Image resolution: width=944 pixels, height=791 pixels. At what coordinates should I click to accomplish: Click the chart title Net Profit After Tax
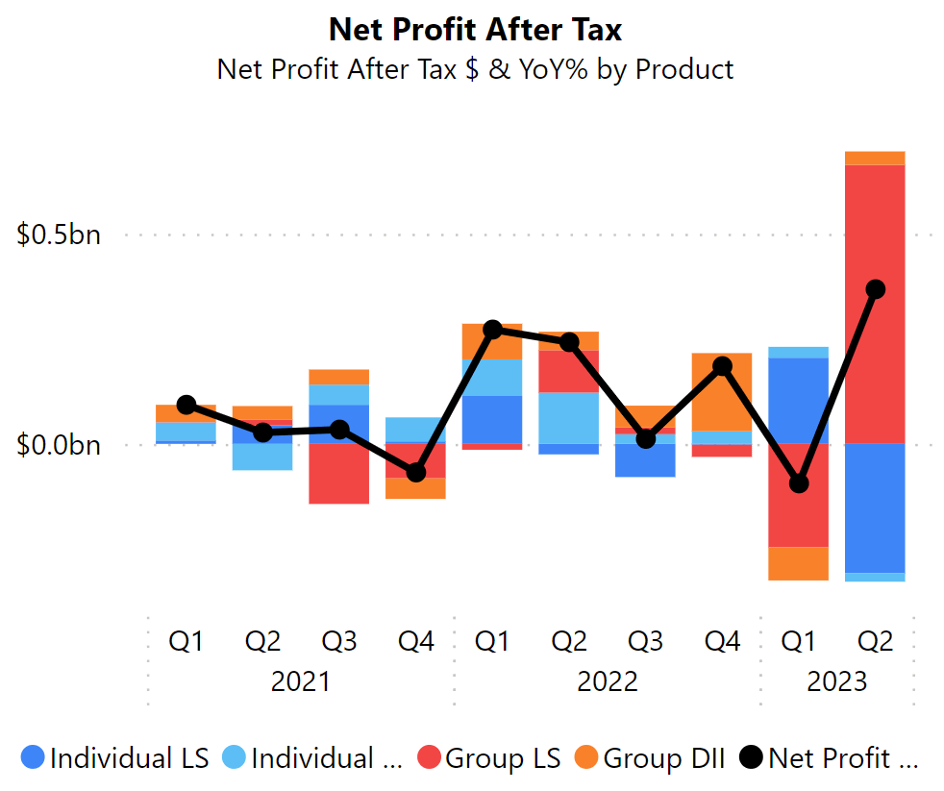point(475,29)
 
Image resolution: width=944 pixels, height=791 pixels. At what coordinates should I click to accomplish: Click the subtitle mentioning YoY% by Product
point(475,69)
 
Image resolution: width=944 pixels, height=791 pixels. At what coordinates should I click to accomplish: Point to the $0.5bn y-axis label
point(59,235)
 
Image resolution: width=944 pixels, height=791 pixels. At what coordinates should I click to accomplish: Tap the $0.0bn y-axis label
point(59,445)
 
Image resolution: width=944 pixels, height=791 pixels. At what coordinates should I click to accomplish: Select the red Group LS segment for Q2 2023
point(875,304)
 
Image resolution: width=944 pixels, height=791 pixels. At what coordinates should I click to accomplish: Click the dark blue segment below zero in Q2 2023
point(875,507)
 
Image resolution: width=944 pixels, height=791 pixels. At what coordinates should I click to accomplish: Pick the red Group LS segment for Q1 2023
point(798,495)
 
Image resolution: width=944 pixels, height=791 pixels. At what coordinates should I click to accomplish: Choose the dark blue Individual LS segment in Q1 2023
point(798,401)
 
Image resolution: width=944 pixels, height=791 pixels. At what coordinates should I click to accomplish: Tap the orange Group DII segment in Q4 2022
point(722,392)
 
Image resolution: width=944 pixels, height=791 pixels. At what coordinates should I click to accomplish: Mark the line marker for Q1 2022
point(493,330)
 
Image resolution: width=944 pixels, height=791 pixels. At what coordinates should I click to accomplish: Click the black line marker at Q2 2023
point(875,289)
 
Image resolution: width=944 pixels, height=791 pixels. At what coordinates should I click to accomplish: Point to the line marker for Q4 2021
point(416,473)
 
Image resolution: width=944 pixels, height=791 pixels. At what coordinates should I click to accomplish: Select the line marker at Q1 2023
point(798,483)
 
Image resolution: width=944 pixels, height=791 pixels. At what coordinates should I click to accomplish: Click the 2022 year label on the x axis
point(608,681)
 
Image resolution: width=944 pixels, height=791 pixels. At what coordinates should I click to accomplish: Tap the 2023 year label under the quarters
point(836,681)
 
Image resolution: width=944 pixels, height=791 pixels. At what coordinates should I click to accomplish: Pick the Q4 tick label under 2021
point(416,641)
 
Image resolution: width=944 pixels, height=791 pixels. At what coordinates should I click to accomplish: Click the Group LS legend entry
point(489,758)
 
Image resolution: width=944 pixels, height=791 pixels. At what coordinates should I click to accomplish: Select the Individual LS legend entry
point(114,758)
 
